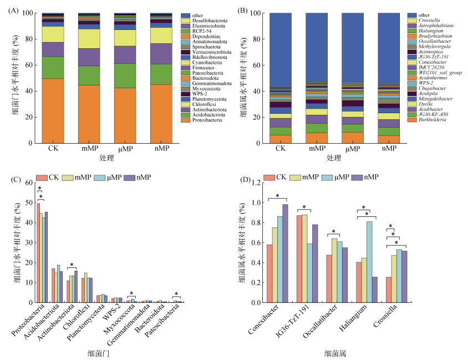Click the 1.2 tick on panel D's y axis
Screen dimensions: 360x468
pyautogui.click(x=257, y=182)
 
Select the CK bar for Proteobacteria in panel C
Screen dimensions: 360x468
pyautogui.click(x=38, y=252)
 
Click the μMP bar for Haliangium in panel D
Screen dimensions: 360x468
pyautogui.click(x=369, y=262)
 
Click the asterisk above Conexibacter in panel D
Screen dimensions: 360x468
pyautogui.click(x=277, y=196)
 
